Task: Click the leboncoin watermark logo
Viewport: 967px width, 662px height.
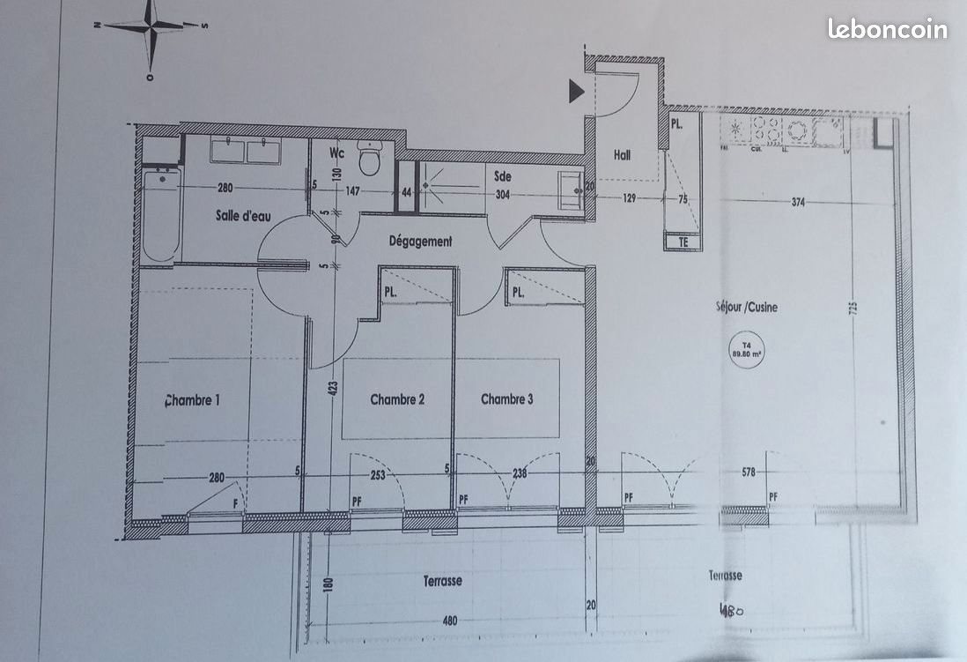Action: tap(887, 29)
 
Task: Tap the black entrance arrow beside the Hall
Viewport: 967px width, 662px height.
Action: tap(577, 91)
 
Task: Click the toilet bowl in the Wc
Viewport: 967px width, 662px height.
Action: tap(369, 161)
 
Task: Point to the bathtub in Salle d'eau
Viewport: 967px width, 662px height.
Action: tap(160, 216)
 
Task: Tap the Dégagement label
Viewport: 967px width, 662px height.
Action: tap(420, 241)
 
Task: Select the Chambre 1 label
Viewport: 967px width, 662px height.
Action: tap(193, 400)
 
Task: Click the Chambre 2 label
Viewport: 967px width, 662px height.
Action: tap(397, 399)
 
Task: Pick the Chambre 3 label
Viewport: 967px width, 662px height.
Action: tap(506, 399)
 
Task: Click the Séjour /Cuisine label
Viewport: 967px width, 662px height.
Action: tap(746, 308)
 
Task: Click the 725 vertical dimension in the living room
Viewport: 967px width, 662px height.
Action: tap(853, 310)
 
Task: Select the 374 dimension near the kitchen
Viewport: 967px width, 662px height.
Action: tap(798, 202)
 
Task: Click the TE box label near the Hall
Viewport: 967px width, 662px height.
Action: tap(682, 241)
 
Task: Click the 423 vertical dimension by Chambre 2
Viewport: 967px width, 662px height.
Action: tap(334, 391)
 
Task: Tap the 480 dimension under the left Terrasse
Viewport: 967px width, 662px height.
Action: tap(449, 621)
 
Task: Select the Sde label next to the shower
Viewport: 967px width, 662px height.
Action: tap(503, 176)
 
